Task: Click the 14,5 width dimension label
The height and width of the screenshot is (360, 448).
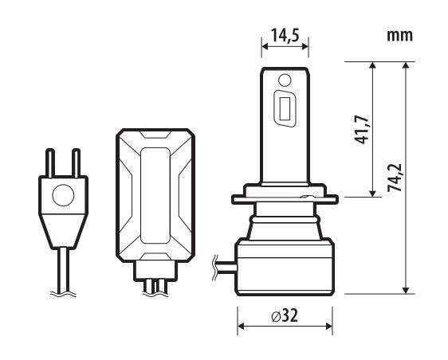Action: pos(285,36)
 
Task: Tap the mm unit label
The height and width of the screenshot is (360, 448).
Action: pos(399,35)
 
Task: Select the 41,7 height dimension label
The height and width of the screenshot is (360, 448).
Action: pos(361,129)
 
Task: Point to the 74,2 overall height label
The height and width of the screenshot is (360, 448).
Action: pos(395,178)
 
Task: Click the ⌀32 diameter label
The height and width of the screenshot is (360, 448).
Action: pos(285,315)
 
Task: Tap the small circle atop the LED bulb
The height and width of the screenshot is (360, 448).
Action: pos(285,80)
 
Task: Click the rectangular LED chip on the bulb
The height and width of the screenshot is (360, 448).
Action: pos(285,108)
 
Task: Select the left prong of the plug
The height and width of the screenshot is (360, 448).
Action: pos(50,162)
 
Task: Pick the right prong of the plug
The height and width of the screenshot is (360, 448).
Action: pos(76,162)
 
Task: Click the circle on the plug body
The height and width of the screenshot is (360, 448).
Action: pos(63,195)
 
